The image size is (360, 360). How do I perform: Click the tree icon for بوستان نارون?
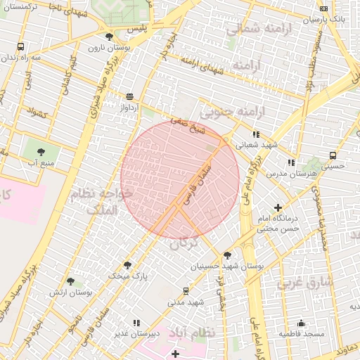pos(108,37)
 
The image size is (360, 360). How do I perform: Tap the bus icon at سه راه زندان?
pos(21,47)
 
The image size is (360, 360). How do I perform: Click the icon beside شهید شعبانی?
pos(256,134)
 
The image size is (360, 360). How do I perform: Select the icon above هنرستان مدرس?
pos(290,162)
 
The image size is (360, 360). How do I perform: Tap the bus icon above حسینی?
pos(333,155)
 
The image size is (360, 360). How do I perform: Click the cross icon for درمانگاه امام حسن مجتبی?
pos(278,207)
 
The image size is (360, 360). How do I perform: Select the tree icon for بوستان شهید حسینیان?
pos(226,255)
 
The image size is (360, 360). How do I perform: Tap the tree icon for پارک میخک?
pos(127,265)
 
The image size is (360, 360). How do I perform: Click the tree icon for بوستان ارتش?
pos(70,281)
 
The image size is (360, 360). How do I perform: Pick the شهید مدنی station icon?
pos(186,290)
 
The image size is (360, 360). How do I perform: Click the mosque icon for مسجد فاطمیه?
pos(302,323)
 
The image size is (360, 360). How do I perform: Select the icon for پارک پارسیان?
pos(323,9)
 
